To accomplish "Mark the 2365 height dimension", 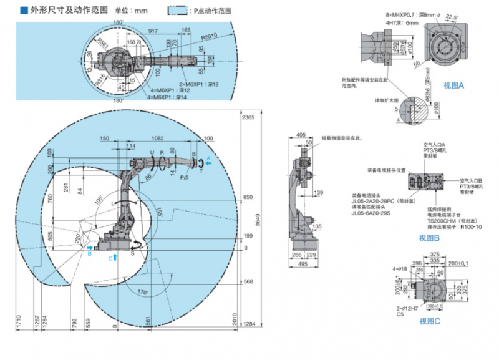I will tap(249, 117).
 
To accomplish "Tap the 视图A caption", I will tap(454, 85).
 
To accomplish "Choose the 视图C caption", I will tap(430, 321).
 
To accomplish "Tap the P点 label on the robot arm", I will tap(184, 177).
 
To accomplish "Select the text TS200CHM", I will tap(422, 221).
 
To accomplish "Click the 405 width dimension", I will tap(300, 134).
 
